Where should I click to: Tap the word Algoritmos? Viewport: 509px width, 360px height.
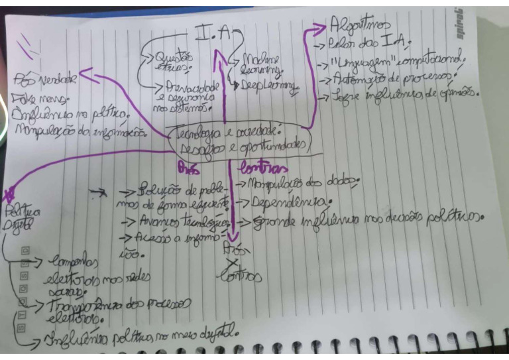[355, 27]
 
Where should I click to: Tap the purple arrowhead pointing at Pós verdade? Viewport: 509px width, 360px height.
[89, 78]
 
